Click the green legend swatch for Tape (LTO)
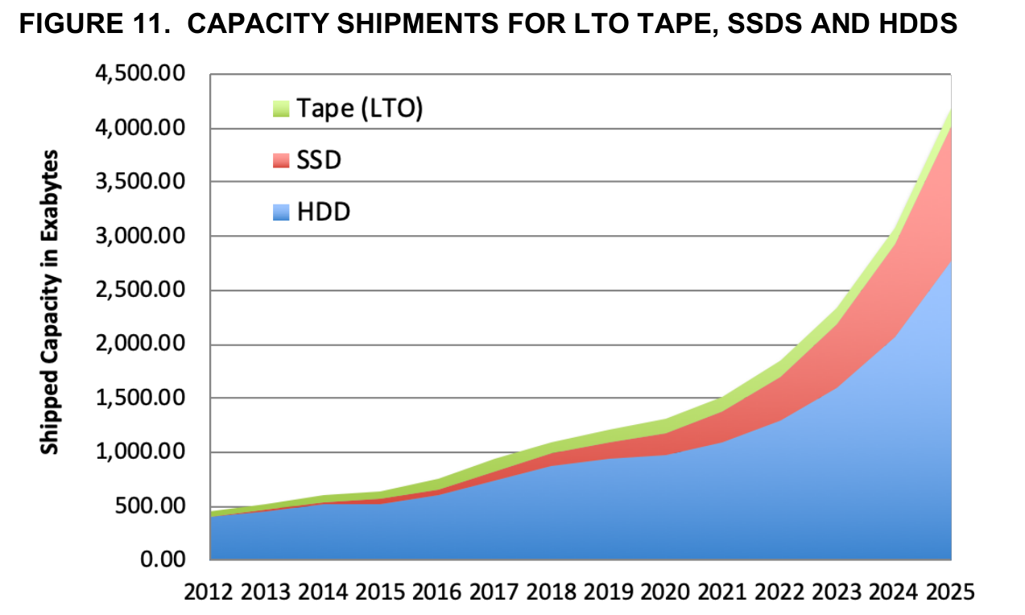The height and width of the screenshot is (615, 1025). click(280, 109)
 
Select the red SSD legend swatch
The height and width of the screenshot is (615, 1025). click(280, 160)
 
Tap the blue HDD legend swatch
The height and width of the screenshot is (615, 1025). click(280, 213)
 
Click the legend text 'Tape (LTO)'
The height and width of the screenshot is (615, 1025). click(359, 108)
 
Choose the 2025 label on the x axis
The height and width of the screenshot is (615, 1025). click(950, 593)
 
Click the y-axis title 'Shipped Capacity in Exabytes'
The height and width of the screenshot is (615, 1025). click(50, 301)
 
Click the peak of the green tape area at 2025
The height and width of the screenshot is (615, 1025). click(950, 113)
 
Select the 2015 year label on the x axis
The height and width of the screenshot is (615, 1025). click(380, 593)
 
